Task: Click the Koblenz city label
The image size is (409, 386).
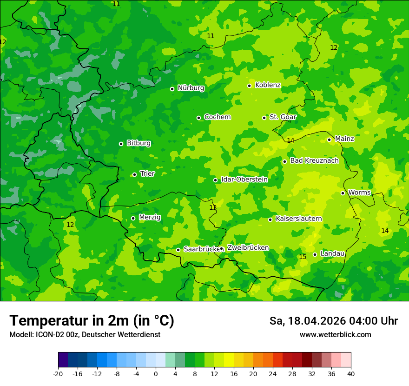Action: click(x=268, y=85)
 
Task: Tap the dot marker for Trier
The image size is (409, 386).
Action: click(x=134, y=174)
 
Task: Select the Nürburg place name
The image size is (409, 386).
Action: click(x=191, y=88)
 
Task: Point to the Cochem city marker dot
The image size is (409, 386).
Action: click(x=198, y=118)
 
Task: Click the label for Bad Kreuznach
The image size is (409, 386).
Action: click(x=314, y=160)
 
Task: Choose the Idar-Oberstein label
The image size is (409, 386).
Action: click(x=244, y=180)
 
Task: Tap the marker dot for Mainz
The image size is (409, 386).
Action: click(x=329, y=140)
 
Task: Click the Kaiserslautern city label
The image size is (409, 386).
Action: click(x=298, y=219)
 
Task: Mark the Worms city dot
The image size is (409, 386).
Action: click(x=343, y=193)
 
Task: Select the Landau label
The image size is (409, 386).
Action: click(x=332, y=253)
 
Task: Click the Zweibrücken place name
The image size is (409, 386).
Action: click(x=248, y=248)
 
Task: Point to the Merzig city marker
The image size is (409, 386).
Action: click(x=133, y=218)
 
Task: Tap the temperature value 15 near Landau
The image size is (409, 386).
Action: click(x=303, y=257)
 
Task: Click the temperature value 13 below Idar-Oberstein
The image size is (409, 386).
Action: click(x=213, y=207)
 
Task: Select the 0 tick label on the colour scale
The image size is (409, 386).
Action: click(x=156, y=374)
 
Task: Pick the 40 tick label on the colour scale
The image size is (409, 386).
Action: click(x=350, y=374)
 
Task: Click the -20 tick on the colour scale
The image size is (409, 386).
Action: click(x=58, y=374)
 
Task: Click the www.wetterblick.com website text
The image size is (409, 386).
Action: click(x=335, y=335)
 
